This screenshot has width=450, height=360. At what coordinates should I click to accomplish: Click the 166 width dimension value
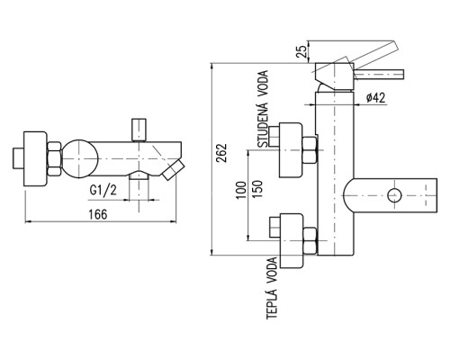click(x=98, y=214)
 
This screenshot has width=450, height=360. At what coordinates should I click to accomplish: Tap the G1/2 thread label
click(x=103, y=190)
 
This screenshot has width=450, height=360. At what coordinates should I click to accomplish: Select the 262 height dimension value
click(x=222, y=153)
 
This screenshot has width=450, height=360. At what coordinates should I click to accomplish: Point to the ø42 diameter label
click(x=376, y=97)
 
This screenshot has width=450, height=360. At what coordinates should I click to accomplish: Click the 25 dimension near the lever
click(x=301, y=50)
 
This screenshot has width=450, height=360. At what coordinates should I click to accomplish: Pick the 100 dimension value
click(x=241, y=190)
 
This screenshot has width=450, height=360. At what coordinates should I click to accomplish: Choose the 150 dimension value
click(x=257, y=189)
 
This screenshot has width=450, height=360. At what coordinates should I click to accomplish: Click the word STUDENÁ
click(x=263, y=124)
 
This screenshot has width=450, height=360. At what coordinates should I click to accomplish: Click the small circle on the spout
click(x=394, y=195)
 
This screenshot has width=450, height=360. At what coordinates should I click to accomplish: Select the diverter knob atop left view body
click(x=139, y=130)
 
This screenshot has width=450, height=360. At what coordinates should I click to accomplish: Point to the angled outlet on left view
click(x=173, y=170)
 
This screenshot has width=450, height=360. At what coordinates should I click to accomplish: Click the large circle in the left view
click(x=81, y=158)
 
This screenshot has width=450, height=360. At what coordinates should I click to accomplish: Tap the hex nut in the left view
click(x=55, y=158)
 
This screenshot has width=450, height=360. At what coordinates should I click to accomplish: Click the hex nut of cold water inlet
click(x=310, y=149)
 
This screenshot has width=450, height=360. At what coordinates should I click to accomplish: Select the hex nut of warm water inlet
click(x=310, y=240)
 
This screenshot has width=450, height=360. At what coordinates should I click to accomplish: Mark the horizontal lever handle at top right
click(x=379, y=74)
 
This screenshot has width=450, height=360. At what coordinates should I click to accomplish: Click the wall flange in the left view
click(x=35, y=158)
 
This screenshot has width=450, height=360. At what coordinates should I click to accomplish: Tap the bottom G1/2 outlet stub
click(x=139, y=177)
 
